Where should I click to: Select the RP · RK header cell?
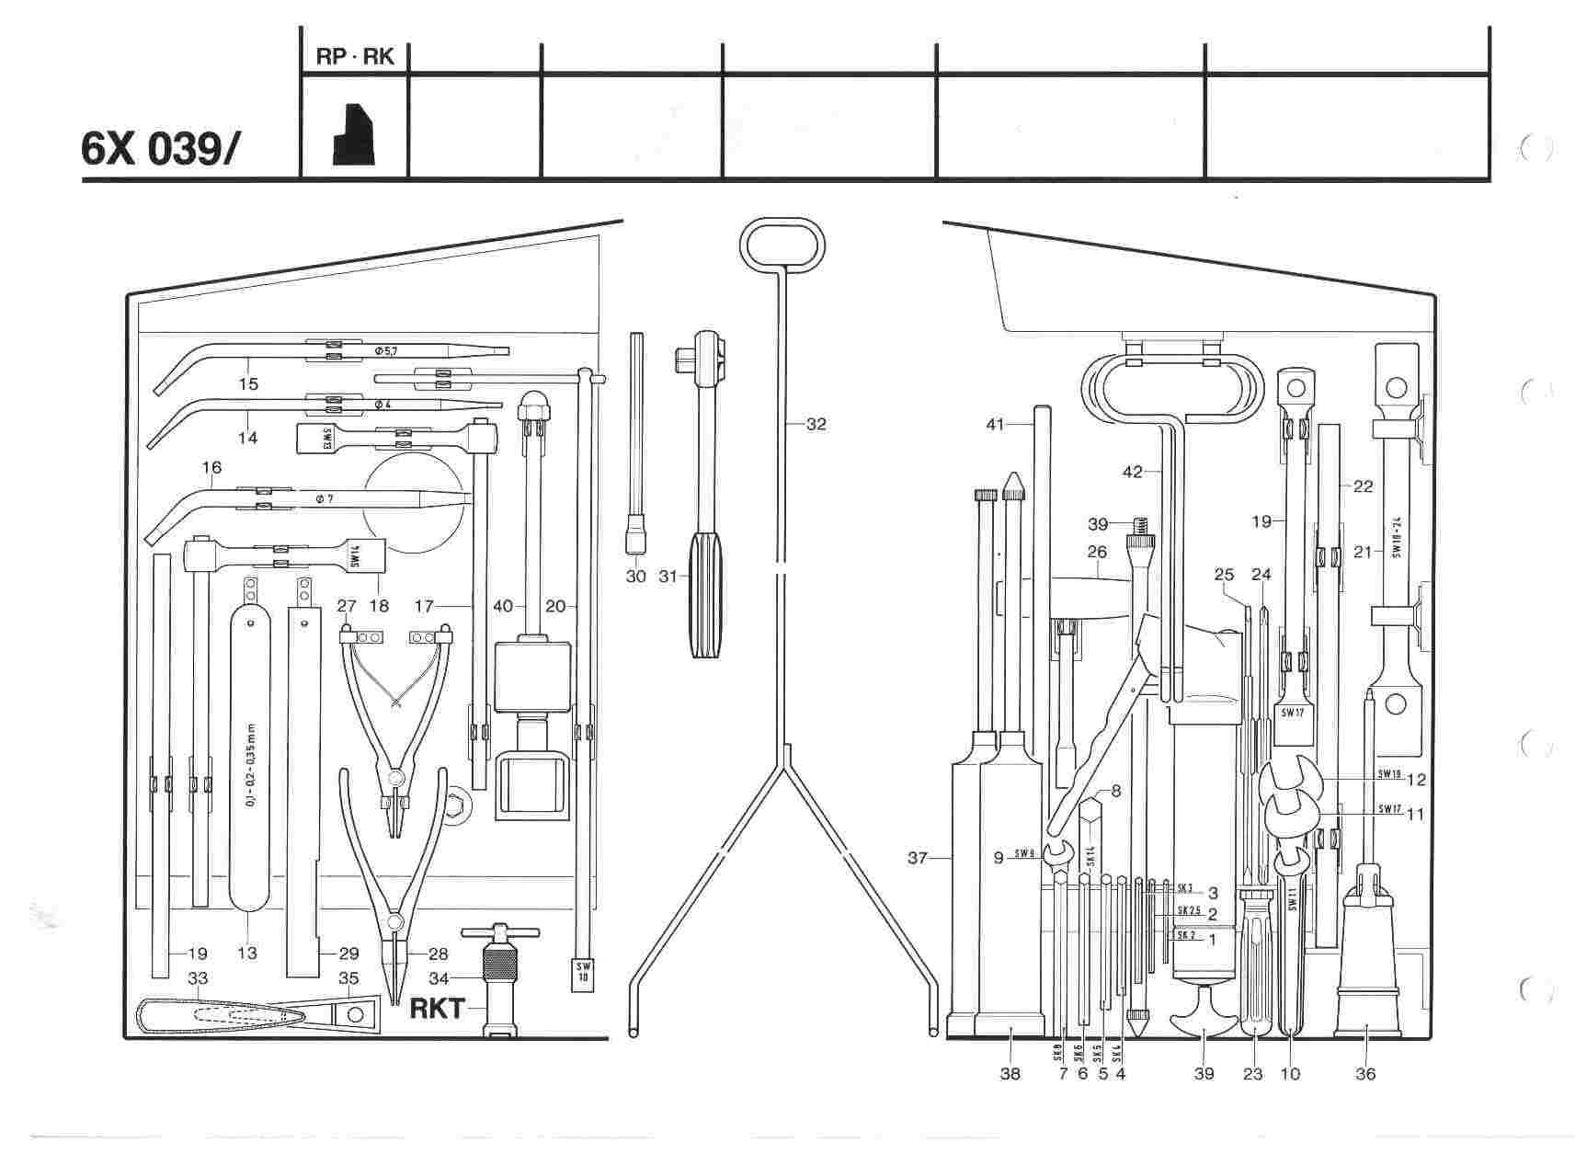[354, 57]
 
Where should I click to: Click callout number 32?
[816, 424]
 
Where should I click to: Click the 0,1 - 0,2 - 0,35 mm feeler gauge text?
[250, 764]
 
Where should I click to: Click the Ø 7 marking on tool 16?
[324, 498]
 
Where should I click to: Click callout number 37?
[917, 859]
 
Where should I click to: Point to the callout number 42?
[1132, 472]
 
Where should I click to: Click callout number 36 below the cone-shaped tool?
[1365, 1073]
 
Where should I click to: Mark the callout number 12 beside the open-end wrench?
[1416, 780]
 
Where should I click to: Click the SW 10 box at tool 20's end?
[582, 972]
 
